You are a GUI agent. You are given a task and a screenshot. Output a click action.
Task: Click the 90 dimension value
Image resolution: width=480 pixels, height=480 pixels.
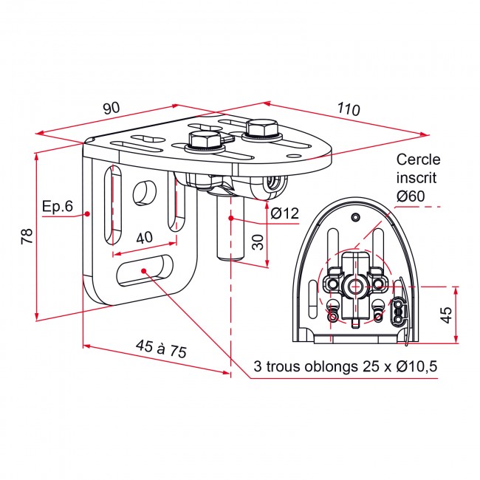[x=112, y=108]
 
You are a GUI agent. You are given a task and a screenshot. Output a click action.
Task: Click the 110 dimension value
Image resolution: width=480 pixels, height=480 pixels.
[x=347, y=109]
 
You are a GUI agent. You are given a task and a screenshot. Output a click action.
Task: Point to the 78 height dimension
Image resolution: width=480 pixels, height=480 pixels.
[x=27, y=236]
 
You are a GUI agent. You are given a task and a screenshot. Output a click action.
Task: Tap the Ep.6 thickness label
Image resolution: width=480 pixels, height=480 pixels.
[x=58, y=206]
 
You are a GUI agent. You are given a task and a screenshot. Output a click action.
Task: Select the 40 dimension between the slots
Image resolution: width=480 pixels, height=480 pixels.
[x=144, y=237]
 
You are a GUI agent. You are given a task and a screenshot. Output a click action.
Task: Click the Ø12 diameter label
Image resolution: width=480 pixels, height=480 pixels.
[x=285, y=214]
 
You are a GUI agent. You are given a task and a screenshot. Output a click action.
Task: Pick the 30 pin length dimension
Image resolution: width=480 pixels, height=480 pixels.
[x=258, y=241]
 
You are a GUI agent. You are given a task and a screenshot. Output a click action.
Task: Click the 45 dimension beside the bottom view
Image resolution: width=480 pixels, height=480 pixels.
[x=445, y=315]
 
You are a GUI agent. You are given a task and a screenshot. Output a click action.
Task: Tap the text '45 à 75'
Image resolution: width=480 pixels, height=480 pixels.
[x=160, y=349]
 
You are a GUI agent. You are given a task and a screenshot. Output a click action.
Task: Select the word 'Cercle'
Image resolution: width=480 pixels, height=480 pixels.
[x=417, y=159]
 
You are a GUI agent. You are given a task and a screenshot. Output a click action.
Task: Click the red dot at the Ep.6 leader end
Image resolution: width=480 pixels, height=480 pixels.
[x=87, y=213]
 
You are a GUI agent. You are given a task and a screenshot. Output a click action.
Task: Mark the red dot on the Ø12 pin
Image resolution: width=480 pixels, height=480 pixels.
[x=230, y=219]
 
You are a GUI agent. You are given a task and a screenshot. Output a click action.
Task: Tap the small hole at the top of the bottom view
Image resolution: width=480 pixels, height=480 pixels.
[x=356, y=216]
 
